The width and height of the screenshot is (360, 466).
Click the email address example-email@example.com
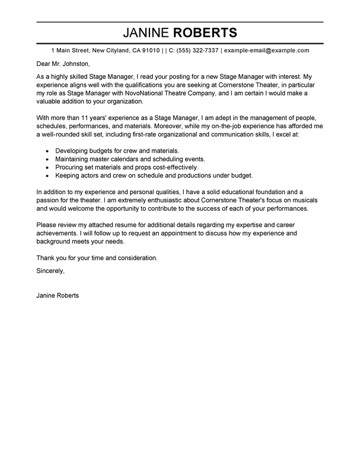pos(266,51)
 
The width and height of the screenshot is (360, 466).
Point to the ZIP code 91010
pos(148,51)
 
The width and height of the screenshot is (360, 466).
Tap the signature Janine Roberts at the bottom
pos(57,294)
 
